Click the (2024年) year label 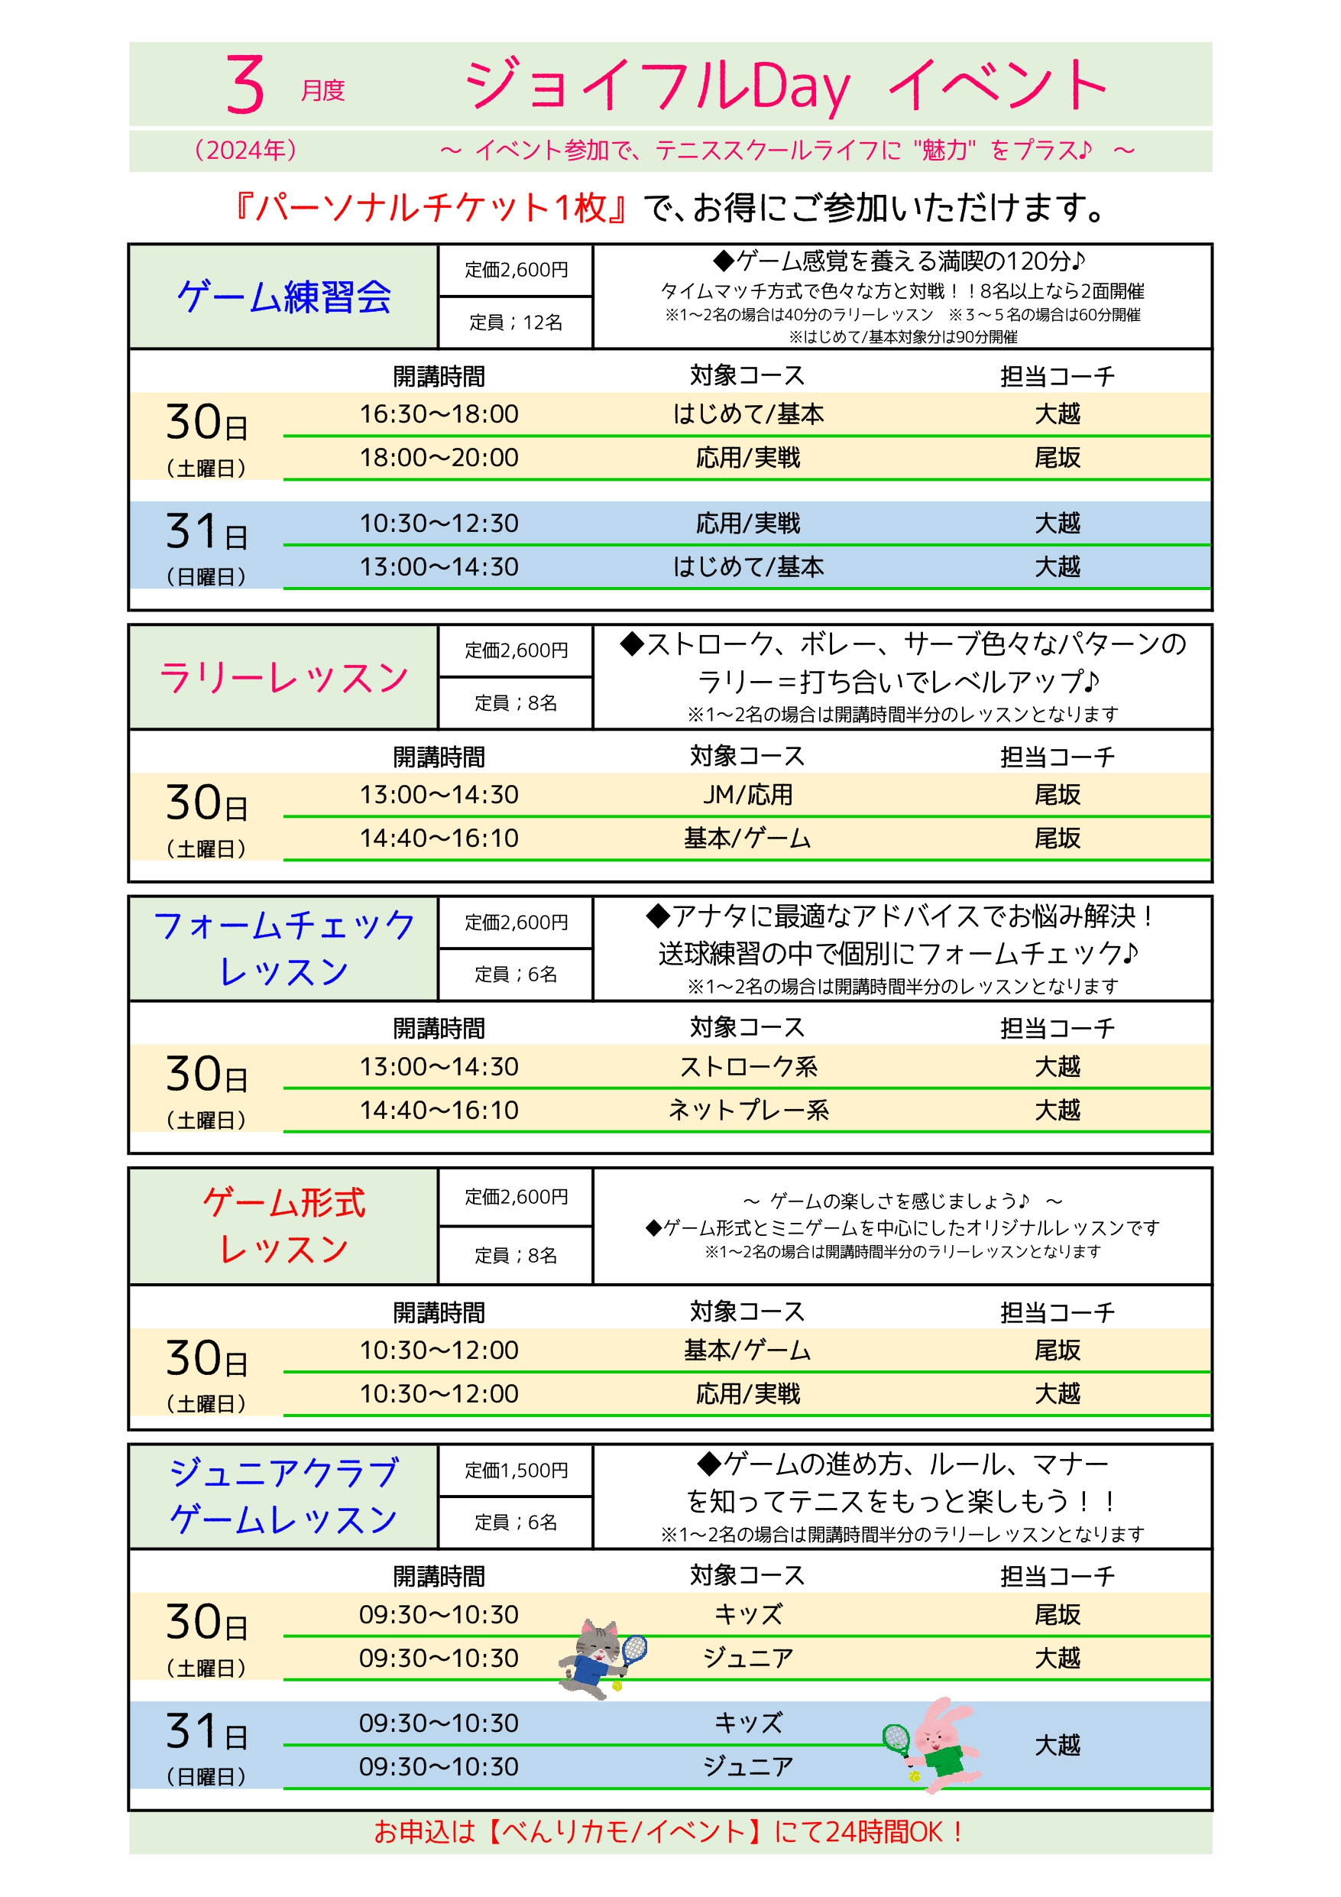coord(245,151)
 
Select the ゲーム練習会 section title coord(283,297)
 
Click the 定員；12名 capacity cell coord(516,323)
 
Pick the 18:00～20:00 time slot coord(439,458)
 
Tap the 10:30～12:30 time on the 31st coord(439,524)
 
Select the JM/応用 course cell coord(748,795)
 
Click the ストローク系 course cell coord(748,1067)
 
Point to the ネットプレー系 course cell coord(748,1111)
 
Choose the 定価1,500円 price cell coord(516,1471)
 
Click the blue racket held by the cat coord(633,1649)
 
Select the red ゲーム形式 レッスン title coord(283,1226)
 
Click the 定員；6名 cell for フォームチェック coord(516,975)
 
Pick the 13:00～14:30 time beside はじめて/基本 coord(439,568)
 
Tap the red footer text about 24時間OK coord(669,1833)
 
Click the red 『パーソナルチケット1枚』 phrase coord(430,208)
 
